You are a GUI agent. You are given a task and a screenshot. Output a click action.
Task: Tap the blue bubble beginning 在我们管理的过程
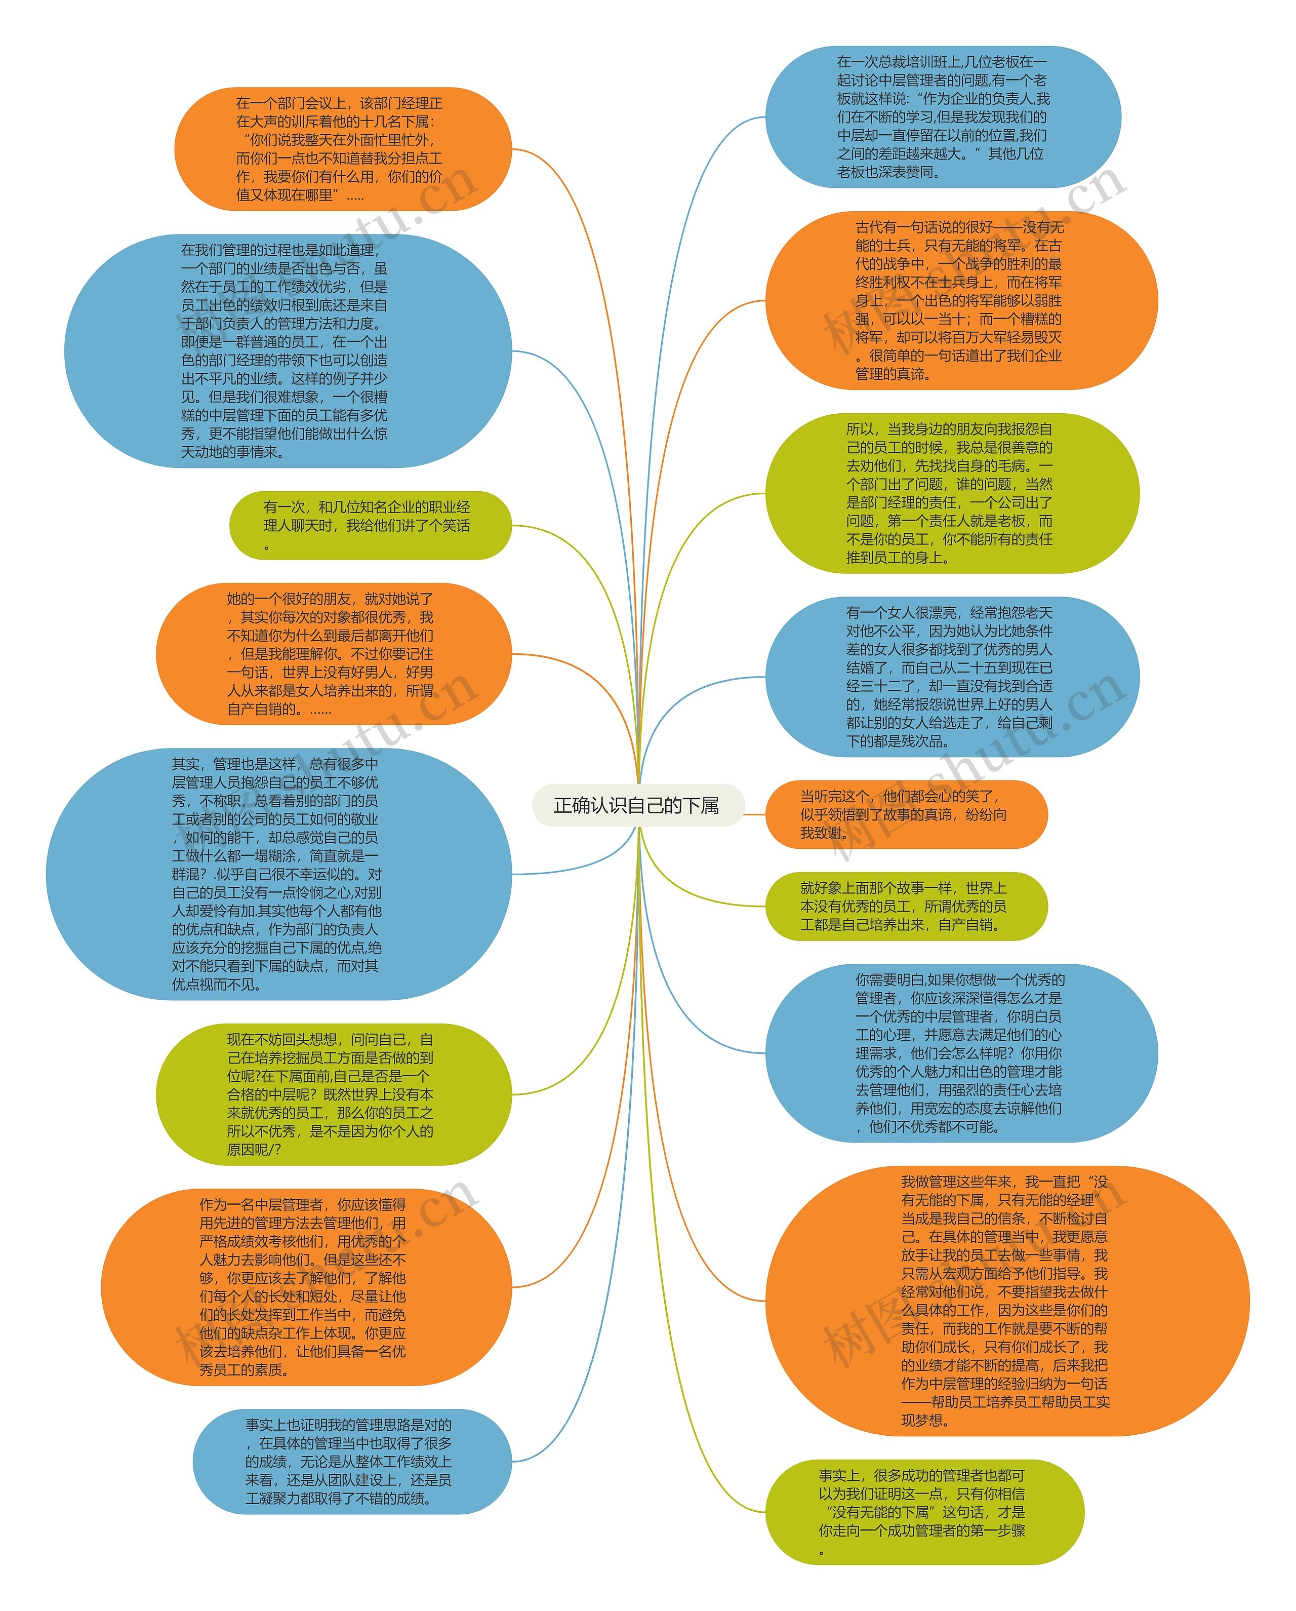click(288, 350)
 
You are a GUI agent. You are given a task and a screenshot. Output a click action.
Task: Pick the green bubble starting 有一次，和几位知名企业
click(370, 525)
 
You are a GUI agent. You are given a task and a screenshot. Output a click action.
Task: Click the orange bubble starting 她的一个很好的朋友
click(333, 654)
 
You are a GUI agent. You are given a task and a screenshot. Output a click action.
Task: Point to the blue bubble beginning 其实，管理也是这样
click(278, 874)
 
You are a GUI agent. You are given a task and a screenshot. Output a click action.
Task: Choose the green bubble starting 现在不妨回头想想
click(333, 1094)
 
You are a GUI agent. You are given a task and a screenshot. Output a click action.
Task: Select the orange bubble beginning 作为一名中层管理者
click(306, 1287)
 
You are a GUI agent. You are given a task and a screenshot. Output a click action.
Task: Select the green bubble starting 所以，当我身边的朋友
click(952, 493)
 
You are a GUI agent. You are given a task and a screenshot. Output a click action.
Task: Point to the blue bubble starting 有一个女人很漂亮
click(952, 677)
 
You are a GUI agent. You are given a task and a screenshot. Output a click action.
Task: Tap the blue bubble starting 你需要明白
click(960, 1053)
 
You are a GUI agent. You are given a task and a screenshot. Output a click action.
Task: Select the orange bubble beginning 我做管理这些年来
click(1006, 1301)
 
